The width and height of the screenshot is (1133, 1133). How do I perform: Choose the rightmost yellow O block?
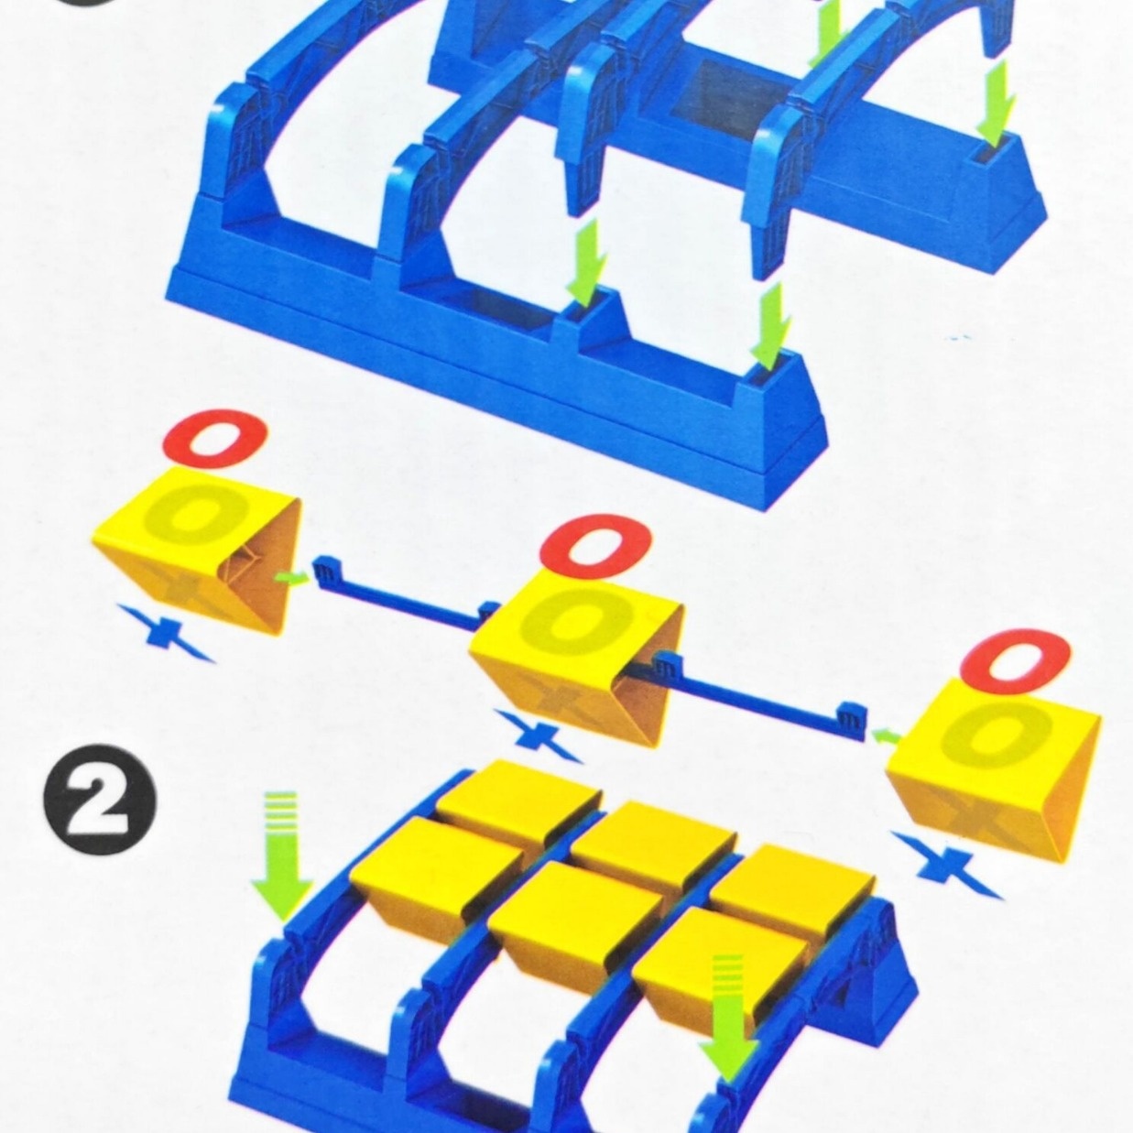tap(994, 776)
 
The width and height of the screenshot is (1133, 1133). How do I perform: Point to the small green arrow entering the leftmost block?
tap(292, 579)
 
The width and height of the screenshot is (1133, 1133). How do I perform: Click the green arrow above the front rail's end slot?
tap(775, 326)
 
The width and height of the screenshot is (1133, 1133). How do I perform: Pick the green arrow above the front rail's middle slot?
tap(588, 264)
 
